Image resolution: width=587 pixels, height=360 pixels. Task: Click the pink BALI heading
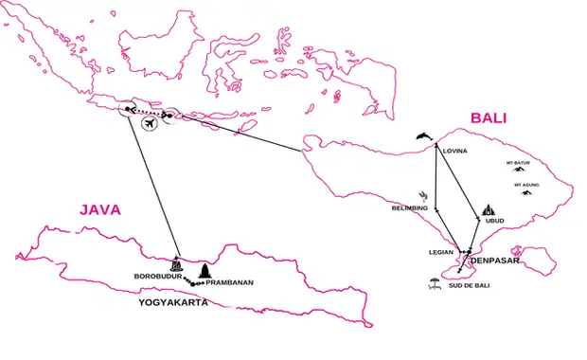click(487, 118)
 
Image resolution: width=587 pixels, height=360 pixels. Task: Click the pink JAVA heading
click(99, 210)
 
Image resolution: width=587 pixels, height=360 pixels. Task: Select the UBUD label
click(494, 222)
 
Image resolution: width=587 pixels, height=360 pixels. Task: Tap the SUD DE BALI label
click(469, 285)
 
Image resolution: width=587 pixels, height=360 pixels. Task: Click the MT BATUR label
click(517, 162)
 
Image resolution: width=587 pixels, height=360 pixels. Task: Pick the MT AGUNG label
click(526, 185)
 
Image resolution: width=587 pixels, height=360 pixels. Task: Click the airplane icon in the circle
click(148, 123)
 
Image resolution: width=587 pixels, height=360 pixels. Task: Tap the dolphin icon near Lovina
click(422, 138)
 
